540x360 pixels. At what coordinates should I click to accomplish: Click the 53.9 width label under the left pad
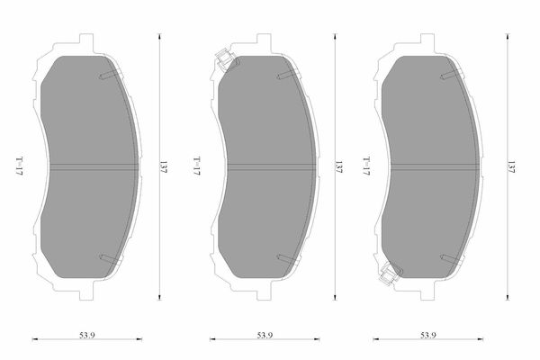(x=87, y=335)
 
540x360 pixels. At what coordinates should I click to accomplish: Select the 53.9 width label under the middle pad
(x=265, y=335)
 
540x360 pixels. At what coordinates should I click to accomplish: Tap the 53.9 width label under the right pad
(x=428, y=335)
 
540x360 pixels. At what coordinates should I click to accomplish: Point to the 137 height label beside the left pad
(x=163, y=166)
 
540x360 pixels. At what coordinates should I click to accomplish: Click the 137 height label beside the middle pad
(x=339, y=166)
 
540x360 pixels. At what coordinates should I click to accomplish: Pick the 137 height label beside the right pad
(x=511, y=166)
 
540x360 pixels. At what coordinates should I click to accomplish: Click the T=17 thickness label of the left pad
(x=20, y=166)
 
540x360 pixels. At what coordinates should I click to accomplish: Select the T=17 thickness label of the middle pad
(x=196, y=166)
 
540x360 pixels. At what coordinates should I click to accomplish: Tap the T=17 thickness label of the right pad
(x=366, y=166)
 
